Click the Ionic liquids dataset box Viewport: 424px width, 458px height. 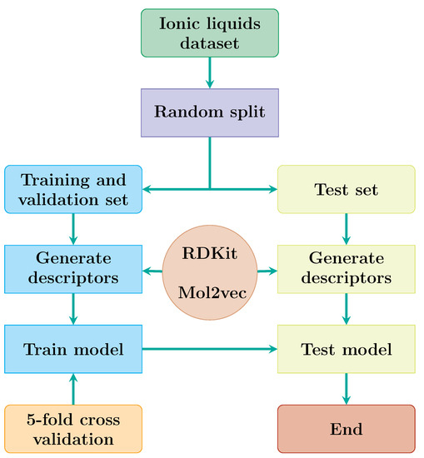[209, 32]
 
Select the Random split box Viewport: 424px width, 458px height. [209, 112]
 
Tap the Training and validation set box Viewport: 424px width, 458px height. [73, 190]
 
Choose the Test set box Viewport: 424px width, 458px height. [346, 190]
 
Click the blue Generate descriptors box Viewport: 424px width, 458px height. [73, 270]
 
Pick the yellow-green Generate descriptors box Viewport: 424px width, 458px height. [346, 270]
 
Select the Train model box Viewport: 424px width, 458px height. [73, 349]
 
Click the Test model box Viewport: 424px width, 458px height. [346, 349]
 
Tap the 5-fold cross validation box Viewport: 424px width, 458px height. [73, 428]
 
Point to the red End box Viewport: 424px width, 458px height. [346, 428]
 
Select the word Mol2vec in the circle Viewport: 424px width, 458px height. [209, 292]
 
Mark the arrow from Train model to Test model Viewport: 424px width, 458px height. [210, 349]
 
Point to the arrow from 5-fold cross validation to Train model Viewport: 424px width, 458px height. [73, 389]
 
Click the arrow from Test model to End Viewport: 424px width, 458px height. [346, 389]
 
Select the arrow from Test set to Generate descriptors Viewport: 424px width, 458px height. [346, 230]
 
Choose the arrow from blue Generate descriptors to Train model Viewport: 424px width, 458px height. [73, 310]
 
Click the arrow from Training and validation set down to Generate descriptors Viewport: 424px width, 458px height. [73, 230]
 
